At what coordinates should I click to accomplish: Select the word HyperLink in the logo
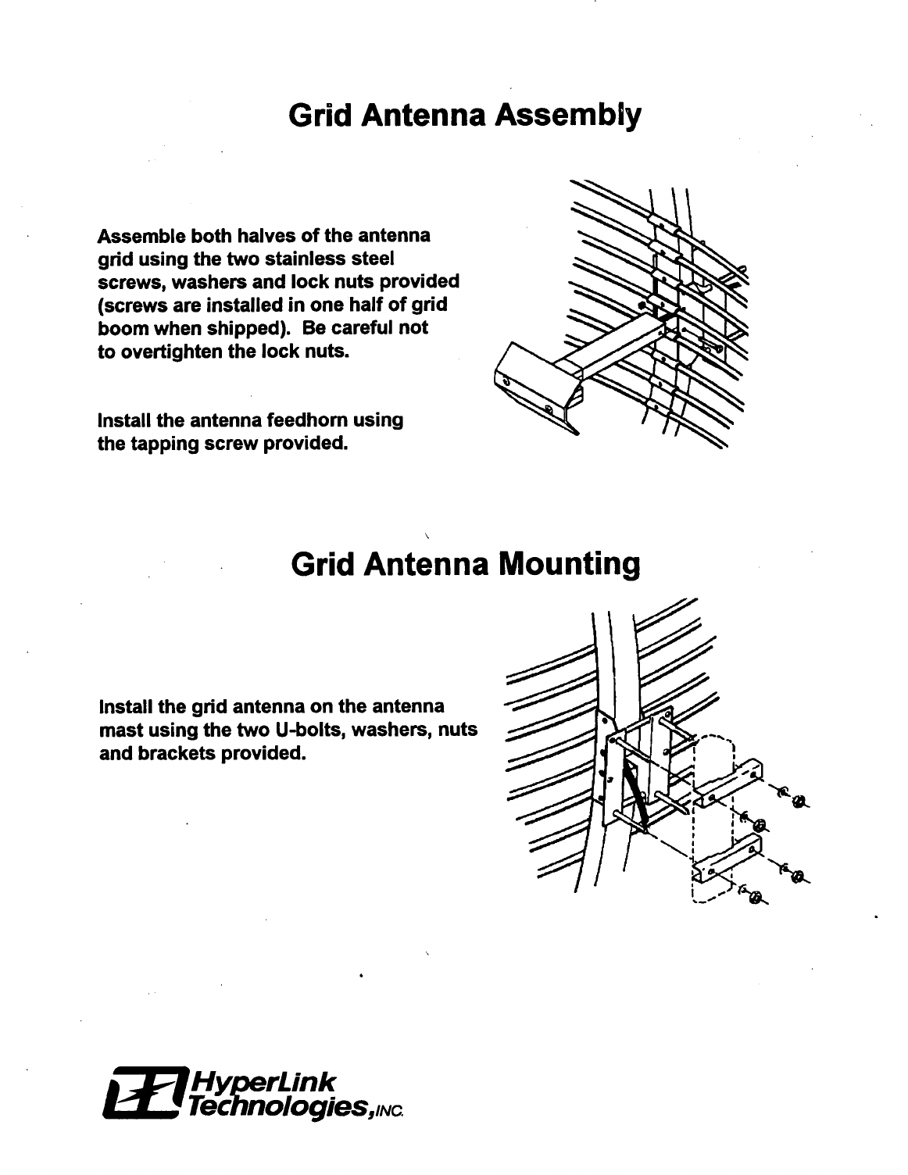[x=263, y=1081]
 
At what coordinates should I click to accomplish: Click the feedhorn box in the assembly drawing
[x=531, y=383]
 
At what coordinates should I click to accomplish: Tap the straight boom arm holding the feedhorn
[x=610, y=344]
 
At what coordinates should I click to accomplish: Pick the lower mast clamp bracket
[x=727, y=858]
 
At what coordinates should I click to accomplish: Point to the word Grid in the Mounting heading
[x=321, y=564]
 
